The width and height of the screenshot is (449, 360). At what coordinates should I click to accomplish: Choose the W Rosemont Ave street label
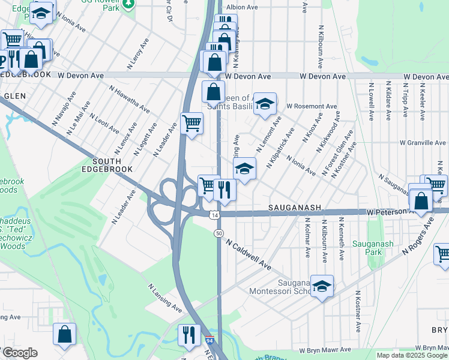(312, 106)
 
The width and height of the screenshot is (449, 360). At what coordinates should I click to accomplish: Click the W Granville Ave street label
(423, 143)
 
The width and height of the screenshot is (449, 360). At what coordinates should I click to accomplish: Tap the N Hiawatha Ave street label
(129, 99)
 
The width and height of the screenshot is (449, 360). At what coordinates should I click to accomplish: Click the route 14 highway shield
(214, 215)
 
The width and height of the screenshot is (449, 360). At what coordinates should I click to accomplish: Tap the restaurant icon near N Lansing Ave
(190, 334)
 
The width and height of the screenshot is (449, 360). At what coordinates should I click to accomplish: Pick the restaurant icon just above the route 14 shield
(224, 190)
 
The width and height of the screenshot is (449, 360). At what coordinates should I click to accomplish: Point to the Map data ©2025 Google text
(412, 355)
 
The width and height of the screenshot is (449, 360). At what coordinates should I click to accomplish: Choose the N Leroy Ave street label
(137, 53)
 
